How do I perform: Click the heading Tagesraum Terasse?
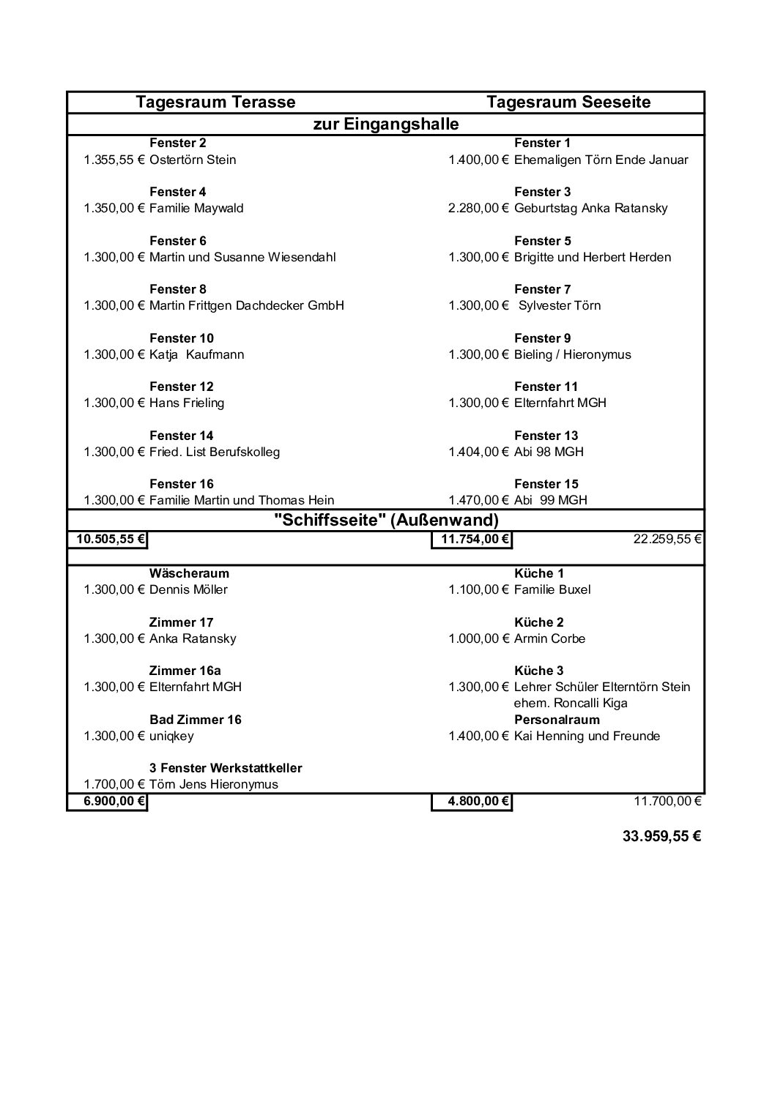tap(215, 102)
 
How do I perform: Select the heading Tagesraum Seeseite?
tap(568, 102)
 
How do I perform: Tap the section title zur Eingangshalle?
tap(386, 124)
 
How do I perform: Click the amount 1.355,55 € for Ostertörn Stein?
tap(115, 160)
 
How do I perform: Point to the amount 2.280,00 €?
tap(478, 208)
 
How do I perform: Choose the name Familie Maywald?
tap(196, 208)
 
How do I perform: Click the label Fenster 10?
tap(182, 338)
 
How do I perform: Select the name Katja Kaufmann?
tap(196, 354)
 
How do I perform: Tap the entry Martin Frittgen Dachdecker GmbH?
tap(246, 305)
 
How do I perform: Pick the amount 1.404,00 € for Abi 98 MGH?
tap(478, 452)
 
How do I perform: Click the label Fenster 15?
tap(546, 484)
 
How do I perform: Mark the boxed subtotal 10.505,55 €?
tap(108, 540)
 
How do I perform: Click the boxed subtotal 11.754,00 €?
tap(472, 540)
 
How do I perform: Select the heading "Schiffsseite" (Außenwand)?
tap(386, 521)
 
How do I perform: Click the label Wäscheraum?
tap(189, 573)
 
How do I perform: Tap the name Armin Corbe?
tap(550, 638)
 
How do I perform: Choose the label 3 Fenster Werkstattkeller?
tap(226, 768)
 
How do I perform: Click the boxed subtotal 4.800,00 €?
tap(472, 801)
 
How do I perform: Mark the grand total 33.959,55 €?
tap(661, 836)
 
